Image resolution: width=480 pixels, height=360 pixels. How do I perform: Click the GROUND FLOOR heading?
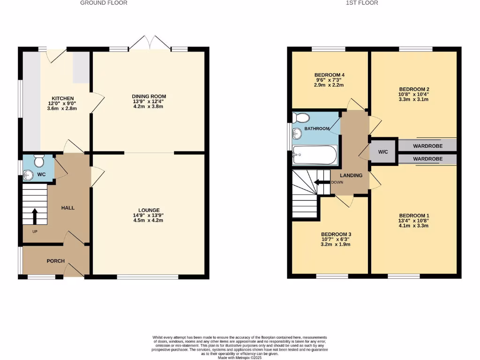point(104,3)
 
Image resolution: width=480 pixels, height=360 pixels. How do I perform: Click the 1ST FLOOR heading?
point(362,3)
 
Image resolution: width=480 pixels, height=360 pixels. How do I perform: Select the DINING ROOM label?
point(149,97)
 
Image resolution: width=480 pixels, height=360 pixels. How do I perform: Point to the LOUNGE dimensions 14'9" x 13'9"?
point(149,215)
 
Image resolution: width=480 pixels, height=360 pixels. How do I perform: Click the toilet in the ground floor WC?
point(39,161)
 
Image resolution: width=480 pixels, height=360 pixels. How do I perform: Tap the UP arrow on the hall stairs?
point(35,216)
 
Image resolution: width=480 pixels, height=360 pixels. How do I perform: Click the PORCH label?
point(55,261)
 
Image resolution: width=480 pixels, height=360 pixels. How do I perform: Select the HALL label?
point(67,208)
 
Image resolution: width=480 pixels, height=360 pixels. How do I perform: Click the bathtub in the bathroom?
point(314,155)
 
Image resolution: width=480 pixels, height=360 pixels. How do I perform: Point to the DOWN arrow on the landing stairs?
point(322,182)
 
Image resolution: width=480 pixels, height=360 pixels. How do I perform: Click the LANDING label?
point(351,175)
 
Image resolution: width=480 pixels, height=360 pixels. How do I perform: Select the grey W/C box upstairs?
point(383,151)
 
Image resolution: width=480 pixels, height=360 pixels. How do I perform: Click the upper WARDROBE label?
point(427,146)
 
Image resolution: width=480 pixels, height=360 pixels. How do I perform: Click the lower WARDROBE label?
point(427,159)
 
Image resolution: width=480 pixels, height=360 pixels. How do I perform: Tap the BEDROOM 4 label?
point(329,75)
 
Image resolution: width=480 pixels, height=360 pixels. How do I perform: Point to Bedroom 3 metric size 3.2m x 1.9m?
point(336,244)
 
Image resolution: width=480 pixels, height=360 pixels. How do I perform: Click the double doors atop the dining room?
point(150,43)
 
